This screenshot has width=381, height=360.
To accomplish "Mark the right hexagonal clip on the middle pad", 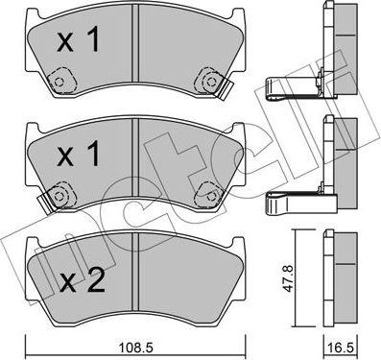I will click(x=204, y=195).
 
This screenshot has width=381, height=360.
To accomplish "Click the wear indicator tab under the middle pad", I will click(x=42, y=203).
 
